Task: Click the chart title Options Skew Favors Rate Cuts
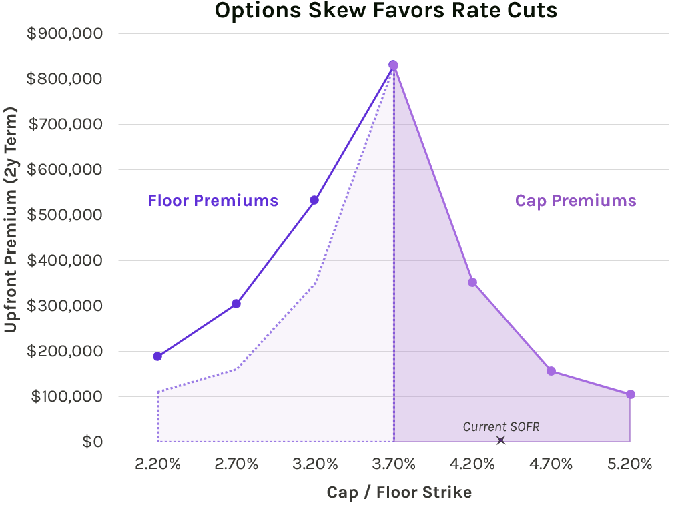386,11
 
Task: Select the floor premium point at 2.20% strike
157,356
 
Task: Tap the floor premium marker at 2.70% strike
236,304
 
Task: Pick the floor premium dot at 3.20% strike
314,200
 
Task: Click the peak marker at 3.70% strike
393,65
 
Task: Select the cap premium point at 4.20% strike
472,282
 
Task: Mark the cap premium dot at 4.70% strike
551,371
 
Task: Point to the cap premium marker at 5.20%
630,394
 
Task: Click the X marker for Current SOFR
500,440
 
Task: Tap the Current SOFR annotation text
500,427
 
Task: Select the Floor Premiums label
213,201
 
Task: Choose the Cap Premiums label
575,201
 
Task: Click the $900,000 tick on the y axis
64,33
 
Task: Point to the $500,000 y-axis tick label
64,215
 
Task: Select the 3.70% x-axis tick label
393,464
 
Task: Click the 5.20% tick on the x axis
630,464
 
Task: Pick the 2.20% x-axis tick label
157,464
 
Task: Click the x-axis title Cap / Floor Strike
399,492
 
